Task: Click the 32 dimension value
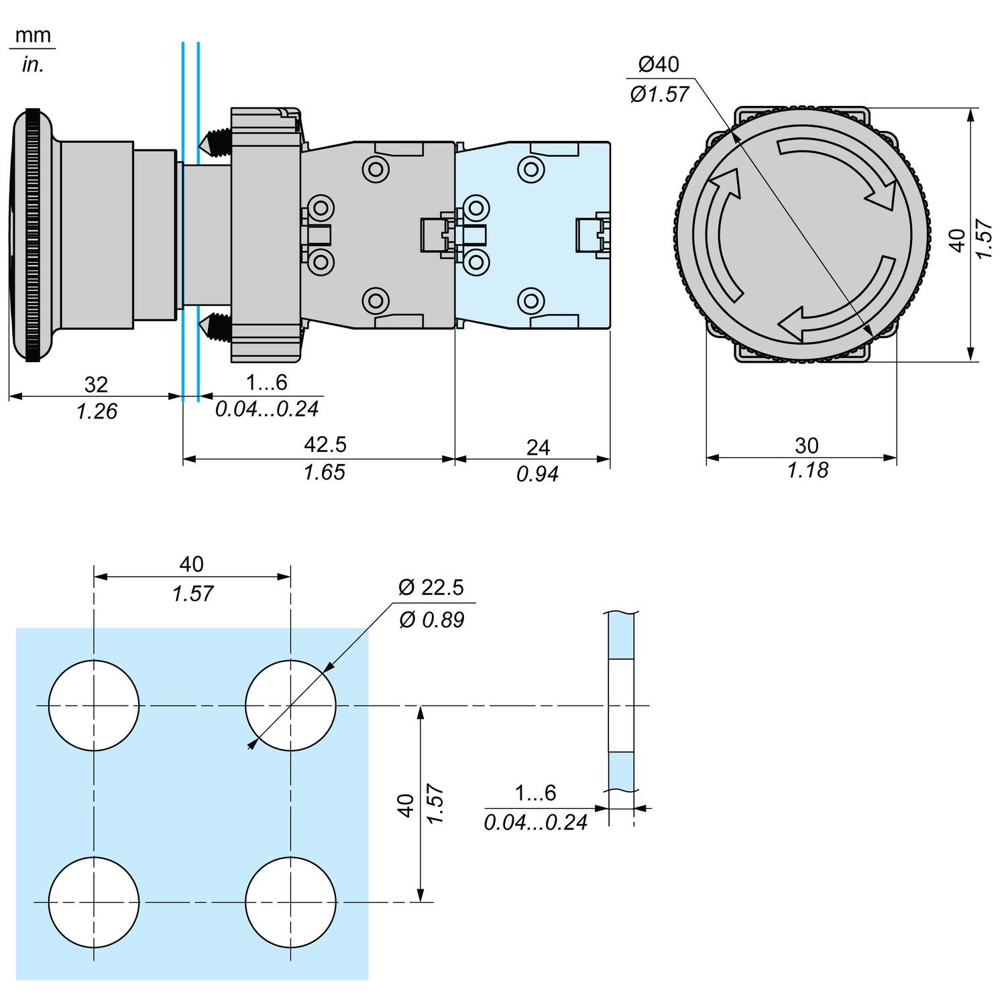pyautogui.click(x=96, y=384)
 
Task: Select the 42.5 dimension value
pyautogui.click(x=325, y=445)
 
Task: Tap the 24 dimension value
pyautogui.click(x=538, y=447)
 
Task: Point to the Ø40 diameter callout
pyautogui.click(x=659, y=64)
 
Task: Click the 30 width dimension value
pyautogui.click(x=807, y=445)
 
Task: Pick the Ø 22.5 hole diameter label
pyautogui.click(x=431, y=588)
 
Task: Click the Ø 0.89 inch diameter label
pyautogui.click(x=431, y=620)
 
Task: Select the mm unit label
pyautogui.click(x=32, y=35)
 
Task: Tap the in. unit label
pyautogui.click(x=32, y=65)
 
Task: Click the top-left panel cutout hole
pyautogui.click(x=94, y=706)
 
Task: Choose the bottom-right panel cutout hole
pyautogui.click(x=290, y=902)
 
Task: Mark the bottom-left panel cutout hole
pyautogui.click(x=94, y=902)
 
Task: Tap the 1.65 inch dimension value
pyautogui.click(x=324, y=473)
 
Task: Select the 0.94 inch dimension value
pyautogui.click(x=537, y=475)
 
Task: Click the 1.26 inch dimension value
pyautogui.click(x=97, y=411)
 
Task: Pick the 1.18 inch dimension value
pyautogui.click(x=807, y=471)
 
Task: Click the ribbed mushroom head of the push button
pyautogui.click(x=32, y=235)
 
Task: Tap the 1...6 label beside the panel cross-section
pyautogui.click(x=535, y=793)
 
